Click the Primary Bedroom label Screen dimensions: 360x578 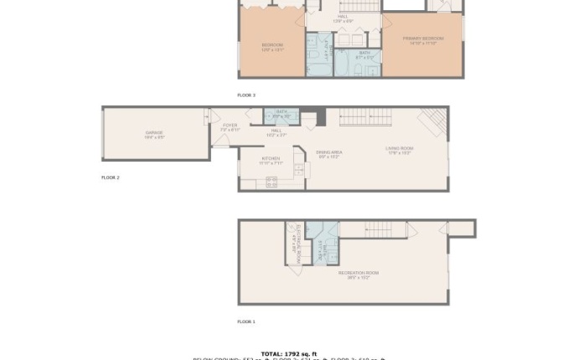point(421,40)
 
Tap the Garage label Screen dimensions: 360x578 point(154,133)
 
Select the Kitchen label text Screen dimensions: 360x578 point(271,159)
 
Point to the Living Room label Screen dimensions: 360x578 point(399,150)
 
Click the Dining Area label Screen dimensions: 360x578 point(328,153)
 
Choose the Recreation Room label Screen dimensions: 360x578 point(358,275)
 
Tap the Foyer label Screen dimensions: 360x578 point(230,127)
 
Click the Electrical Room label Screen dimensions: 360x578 point(297,243)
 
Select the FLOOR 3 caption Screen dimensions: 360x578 point(246,95)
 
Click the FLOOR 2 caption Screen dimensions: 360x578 point(111,177)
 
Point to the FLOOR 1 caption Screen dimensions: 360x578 point(246,321)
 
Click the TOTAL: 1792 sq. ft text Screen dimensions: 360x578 point(289,353)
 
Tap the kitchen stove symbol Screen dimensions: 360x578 point(271,182)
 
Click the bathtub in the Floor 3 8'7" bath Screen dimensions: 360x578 point(346,64)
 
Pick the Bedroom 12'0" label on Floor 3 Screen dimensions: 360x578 point(272,47)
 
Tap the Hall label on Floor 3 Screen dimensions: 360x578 point(343,18)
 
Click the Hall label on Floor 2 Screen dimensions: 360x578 point(276,132)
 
